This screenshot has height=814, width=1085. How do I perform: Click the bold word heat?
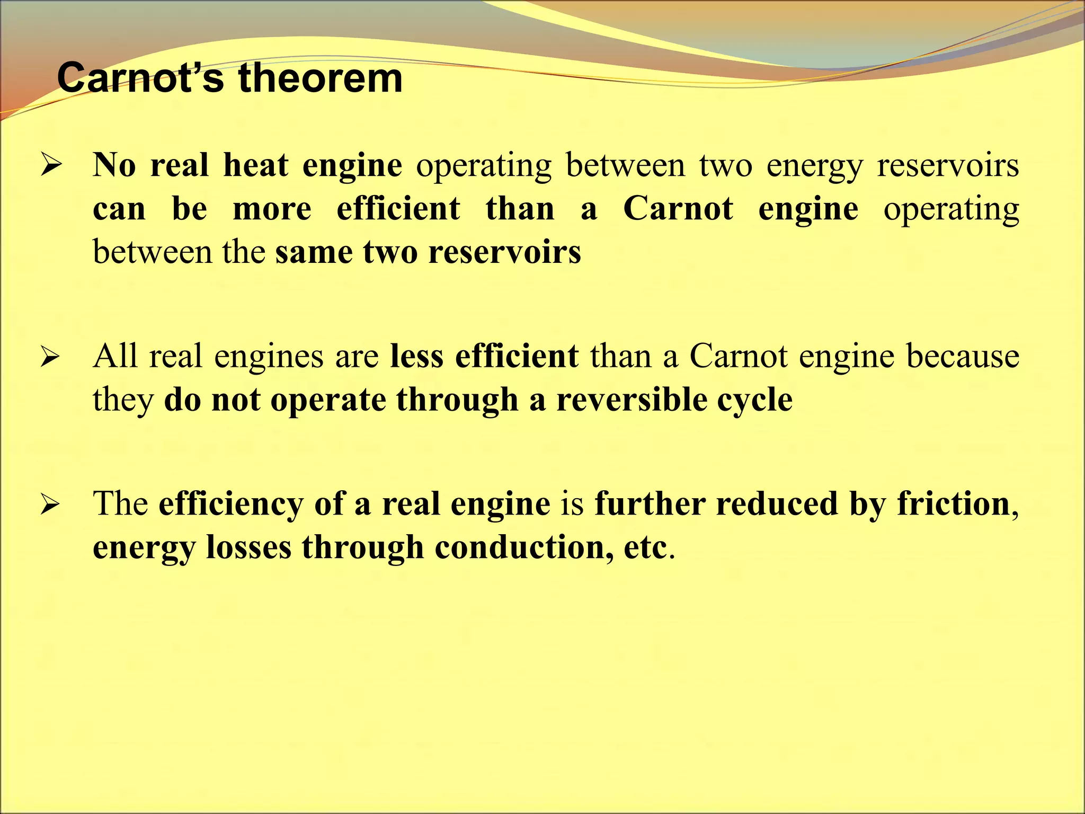(x=255, y=165)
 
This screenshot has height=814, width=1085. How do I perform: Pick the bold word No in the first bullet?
(x=114, y=165)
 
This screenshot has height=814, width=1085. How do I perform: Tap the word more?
(x=272, y=209)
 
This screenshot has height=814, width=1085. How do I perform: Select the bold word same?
(x=314, y=252)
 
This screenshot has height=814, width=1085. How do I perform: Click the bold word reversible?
(x=631, y=400)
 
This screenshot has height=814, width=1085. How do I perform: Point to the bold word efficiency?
(x=231, y=505)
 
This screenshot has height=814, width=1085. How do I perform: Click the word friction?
(x=953, y=503)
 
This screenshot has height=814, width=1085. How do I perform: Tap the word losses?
(x=248, y=547)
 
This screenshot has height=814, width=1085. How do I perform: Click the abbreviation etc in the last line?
(x=645, y=548)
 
